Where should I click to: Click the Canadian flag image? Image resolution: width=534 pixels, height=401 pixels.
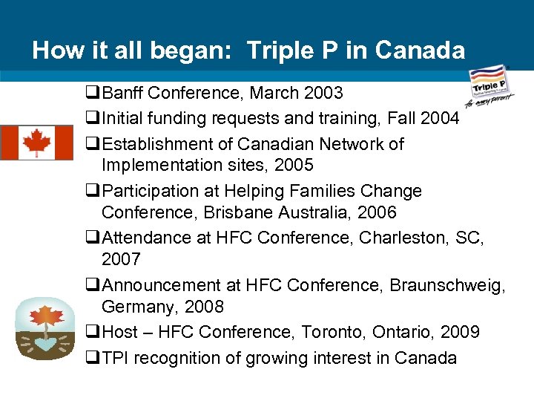[x=36, y=143]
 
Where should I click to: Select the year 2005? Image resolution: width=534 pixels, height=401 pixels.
[x=293, y=165]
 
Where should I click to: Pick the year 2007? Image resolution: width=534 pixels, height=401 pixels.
[x=121, y=260]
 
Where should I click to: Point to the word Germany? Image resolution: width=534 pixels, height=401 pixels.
[x=136, y=307]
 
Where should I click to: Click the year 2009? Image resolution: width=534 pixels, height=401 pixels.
[x=459, y=332]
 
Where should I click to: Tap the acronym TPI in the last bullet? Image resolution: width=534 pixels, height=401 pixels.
[x=115, y=357]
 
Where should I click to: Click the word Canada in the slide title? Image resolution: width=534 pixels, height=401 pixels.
[x=420, y=50]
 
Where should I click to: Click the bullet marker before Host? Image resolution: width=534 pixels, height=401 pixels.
[x=92, y=332]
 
